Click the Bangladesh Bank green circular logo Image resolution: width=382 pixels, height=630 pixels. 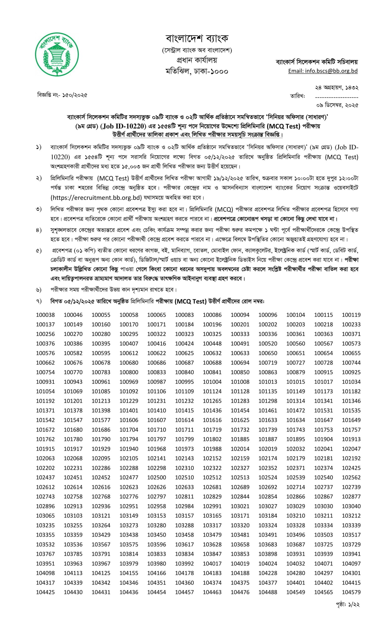pyautogui.click(x=57, y=54)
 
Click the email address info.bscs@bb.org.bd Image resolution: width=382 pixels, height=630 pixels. pyautogui.click(x=323, y=71)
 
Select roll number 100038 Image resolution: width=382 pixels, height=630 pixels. pyautogui.click(x=45, y=315)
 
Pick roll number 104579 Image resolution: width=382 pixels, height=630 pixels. pyautogui.click(x=351, y=592)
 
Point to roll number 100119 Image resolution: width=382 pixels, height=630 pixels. pyautogui.click(x=351, y=315)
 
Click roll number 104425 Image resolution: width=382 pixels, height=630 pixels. pyautogui.click(x=45, y=592)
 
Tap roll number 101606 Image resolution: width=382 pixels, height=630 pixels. pyautogui.click(x=129, y=420)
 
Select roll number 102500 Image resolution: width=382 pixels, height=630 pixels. pyautogui.click(x=157, y=477)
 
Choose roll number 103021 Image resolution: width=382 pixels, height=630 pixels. pyautogui.click(x=240, y=506)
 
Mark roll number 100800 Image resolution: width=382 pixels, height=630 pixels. pyautogui.click(x=129, y=372)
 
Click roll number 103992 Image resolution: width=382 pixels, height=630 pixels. pyautogui.click(x=184, y=564)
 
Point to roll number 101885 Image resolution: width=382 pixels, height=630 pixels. pyautogui.click(x=240, y=439)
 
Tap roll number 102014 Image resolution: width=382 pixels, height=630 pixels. pyautogui.click(x=240, y=449)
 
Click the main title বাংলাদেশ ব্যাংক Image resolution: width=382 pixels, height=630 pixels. pyautogui.click(x=197, y=38)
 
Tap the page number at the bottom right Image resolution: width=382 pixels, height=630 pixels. pyautogui.click(x=348, y=604)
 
